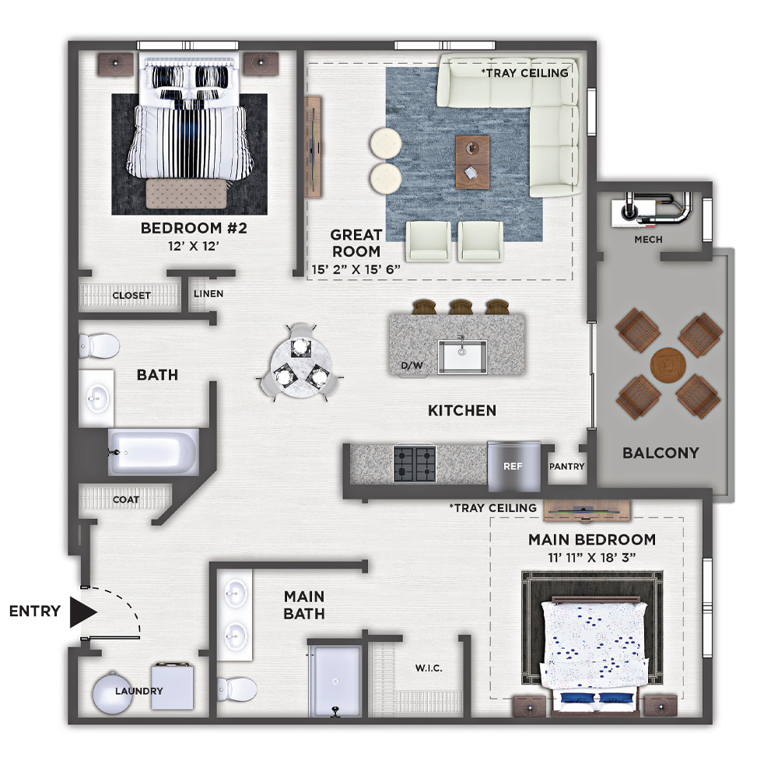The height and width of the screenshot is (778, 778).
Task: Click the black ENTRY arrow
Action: point(82,612)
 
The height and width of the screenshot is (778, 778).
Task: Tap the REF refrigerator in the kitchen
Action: point(513,466)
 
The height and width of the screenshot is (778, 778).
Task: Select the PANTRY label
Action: point(566,466)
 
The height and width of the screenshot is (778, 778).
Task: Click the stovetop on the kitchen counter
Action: point(415,464)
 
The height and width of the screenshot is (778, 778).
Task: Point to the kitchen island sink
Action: point(462,356)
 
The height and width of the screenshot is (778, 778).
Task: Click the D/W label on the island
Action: point(412,366)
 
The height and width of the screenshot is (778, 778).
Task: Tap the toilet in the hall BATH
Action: point(100,345)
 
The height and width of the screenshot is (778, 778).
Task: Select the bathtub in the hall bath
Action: point(154,453)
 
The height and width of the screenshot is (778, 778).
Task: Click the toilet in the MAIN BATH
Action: point(237,689)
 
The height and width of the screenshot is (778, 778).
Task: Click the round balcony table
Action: point(668,365)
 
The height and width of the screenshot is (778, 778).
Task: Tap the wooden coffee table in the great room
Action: point(472,163)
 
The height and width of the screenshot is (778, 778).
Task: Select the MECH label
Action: point(648,240)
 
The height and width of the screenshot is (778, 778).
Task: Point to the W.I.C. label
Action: point(429,668)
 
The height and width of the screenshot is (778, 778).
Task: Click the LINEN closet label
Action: point(209,294)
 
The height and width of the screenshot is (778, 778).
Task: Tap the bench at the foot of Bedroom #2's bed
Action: point(187,194)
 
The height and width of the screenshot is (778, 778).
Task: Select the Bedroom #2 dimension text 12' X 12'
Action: point(194,246)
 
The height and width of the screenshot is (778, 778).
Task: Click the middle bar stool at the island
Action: point(461,307)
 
